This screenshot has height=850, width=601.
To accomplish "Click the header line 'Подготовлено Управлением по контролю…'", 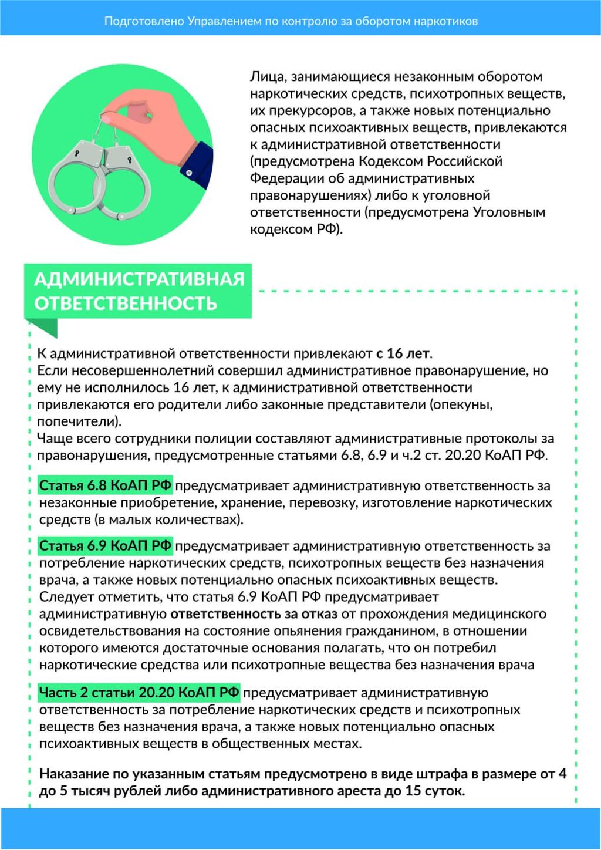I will (x=291, y=21).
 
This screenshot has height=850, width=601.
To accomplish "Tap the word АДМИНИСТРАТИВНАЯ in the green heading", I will (x=139, y=279).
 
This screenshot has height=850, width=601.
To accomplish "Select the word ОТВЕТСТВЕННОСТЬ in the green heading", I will (x=126, y=303).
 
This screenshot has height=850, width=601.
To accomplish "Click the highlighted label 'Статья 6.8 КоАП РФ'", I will (x=106, y=485).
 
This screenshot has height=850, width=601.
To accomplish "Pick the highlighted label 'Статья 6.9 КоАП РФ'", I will (x=106, y=546).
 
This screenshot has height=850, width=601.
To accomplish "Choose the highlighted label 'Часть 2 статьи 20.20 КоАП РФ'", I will (x=139, y=693).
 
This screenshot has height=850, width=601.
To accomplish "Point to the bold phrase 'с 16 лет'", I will (x=403, y=353).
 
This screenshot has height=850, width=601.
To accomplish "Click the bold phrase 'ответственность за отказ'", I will (x=254, y=614).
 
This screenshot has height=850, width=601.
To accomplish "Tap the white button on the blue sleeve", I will (x=189, y=173).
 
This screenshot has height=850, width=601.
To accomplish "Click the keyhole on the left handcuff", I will (x=77, y=153).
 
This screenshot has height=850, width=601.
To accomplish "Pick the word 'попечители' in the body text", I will (x=76, y=421).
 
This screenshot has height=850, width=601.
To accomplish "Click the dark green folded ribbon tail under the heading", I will (x=45, y=328).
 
